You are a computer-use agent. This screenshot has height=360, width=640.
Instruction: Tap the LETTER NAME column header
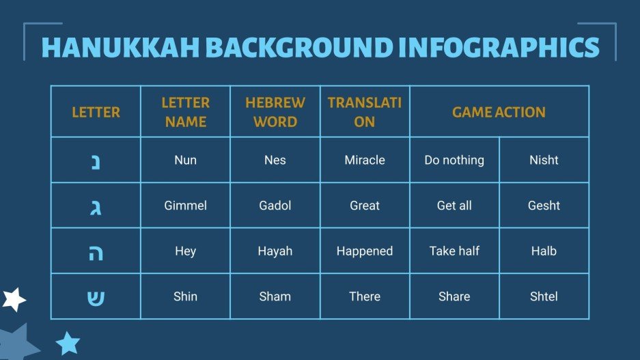tap(185, 112)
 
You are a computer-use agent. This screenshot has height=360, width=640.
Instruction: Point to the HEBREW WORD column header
tap(275, 112)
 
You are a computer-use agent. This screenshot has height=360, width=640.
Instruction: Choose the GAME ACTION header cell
tap(499, 112)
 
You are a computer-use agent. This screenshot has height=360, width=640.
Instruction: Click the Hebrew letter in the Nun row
tap(96, 161)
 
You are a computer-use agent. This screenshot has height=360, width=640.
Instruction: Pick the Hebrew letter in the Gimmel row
tap(96, 206)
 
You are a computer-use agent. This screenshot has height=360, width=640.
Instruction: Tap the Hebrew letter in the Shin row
tap(96, 297)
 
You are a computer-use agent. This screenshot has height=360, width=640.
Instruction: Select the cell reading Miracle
tap(365, 160)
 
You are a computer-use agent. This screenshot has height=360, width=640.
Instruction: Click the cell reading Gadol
tap(275, 206)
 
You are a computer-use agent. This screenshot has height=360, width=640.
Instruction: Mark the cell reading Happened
tap(365, 251)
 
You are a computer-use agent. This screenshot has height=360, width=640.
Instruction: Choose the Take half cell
tap(454, 251)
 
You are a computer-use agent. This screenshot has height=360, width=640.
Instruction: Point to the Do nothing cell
tap(454, 160)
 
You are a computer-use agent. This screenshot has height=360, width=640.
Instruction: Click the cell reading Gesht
tap(544, 206)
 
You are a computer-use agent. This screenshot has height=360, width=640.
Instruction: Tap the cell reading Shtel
tap(544, 296)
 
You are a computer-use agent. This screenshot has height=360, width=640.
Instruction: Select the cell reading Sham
tap(275, 296)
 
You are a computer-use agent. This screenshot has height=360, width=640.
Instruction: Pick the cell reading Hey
tap(185, 251)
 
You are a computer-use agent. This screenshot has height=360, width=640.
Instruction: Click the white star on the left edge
tap(13, 299)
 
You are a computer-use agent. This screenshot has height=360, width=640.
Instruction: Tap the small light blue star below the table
tap(68, 342)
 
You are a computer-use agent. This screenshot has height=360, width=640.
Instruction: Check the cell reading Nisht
tap(544, 160)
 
